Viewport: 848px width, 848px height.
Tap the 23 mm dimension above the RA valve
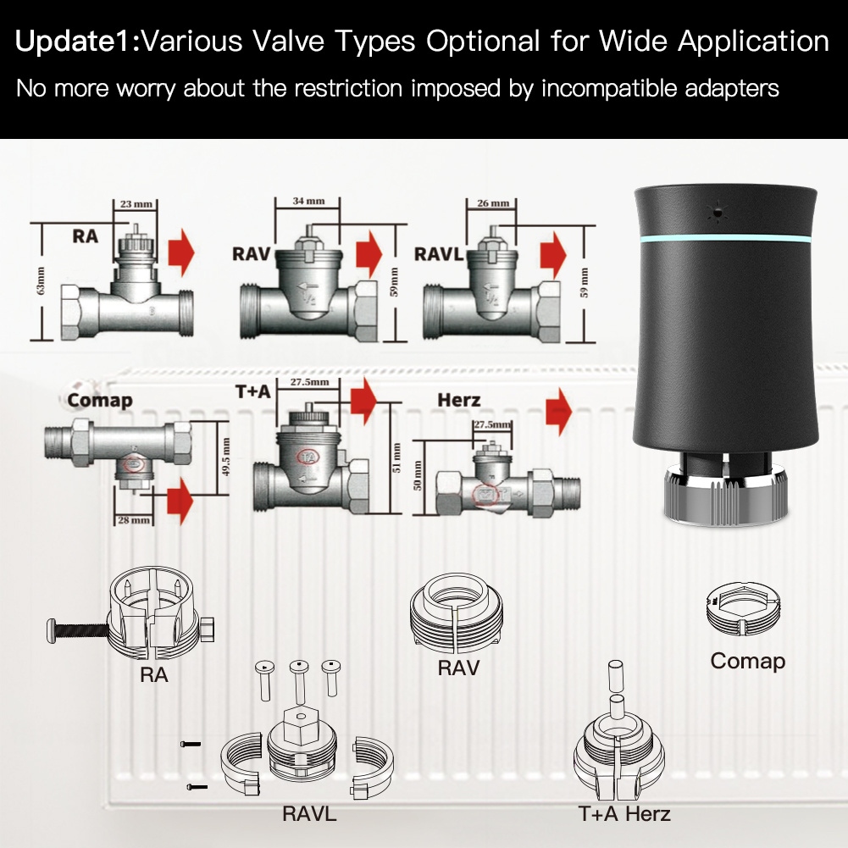pos(132,204)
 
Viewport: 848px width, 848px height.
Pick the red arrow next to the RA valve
pos(180,252)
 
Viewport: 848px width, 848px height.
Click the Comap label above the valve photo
pos(100,399)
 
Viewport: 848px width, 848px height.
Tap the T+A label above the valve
pos(253,391)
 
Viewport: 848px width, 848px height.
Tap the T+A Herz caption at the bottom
pos(624,814)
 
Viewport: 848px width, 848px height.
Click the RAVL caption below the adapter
pos(309,814)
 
